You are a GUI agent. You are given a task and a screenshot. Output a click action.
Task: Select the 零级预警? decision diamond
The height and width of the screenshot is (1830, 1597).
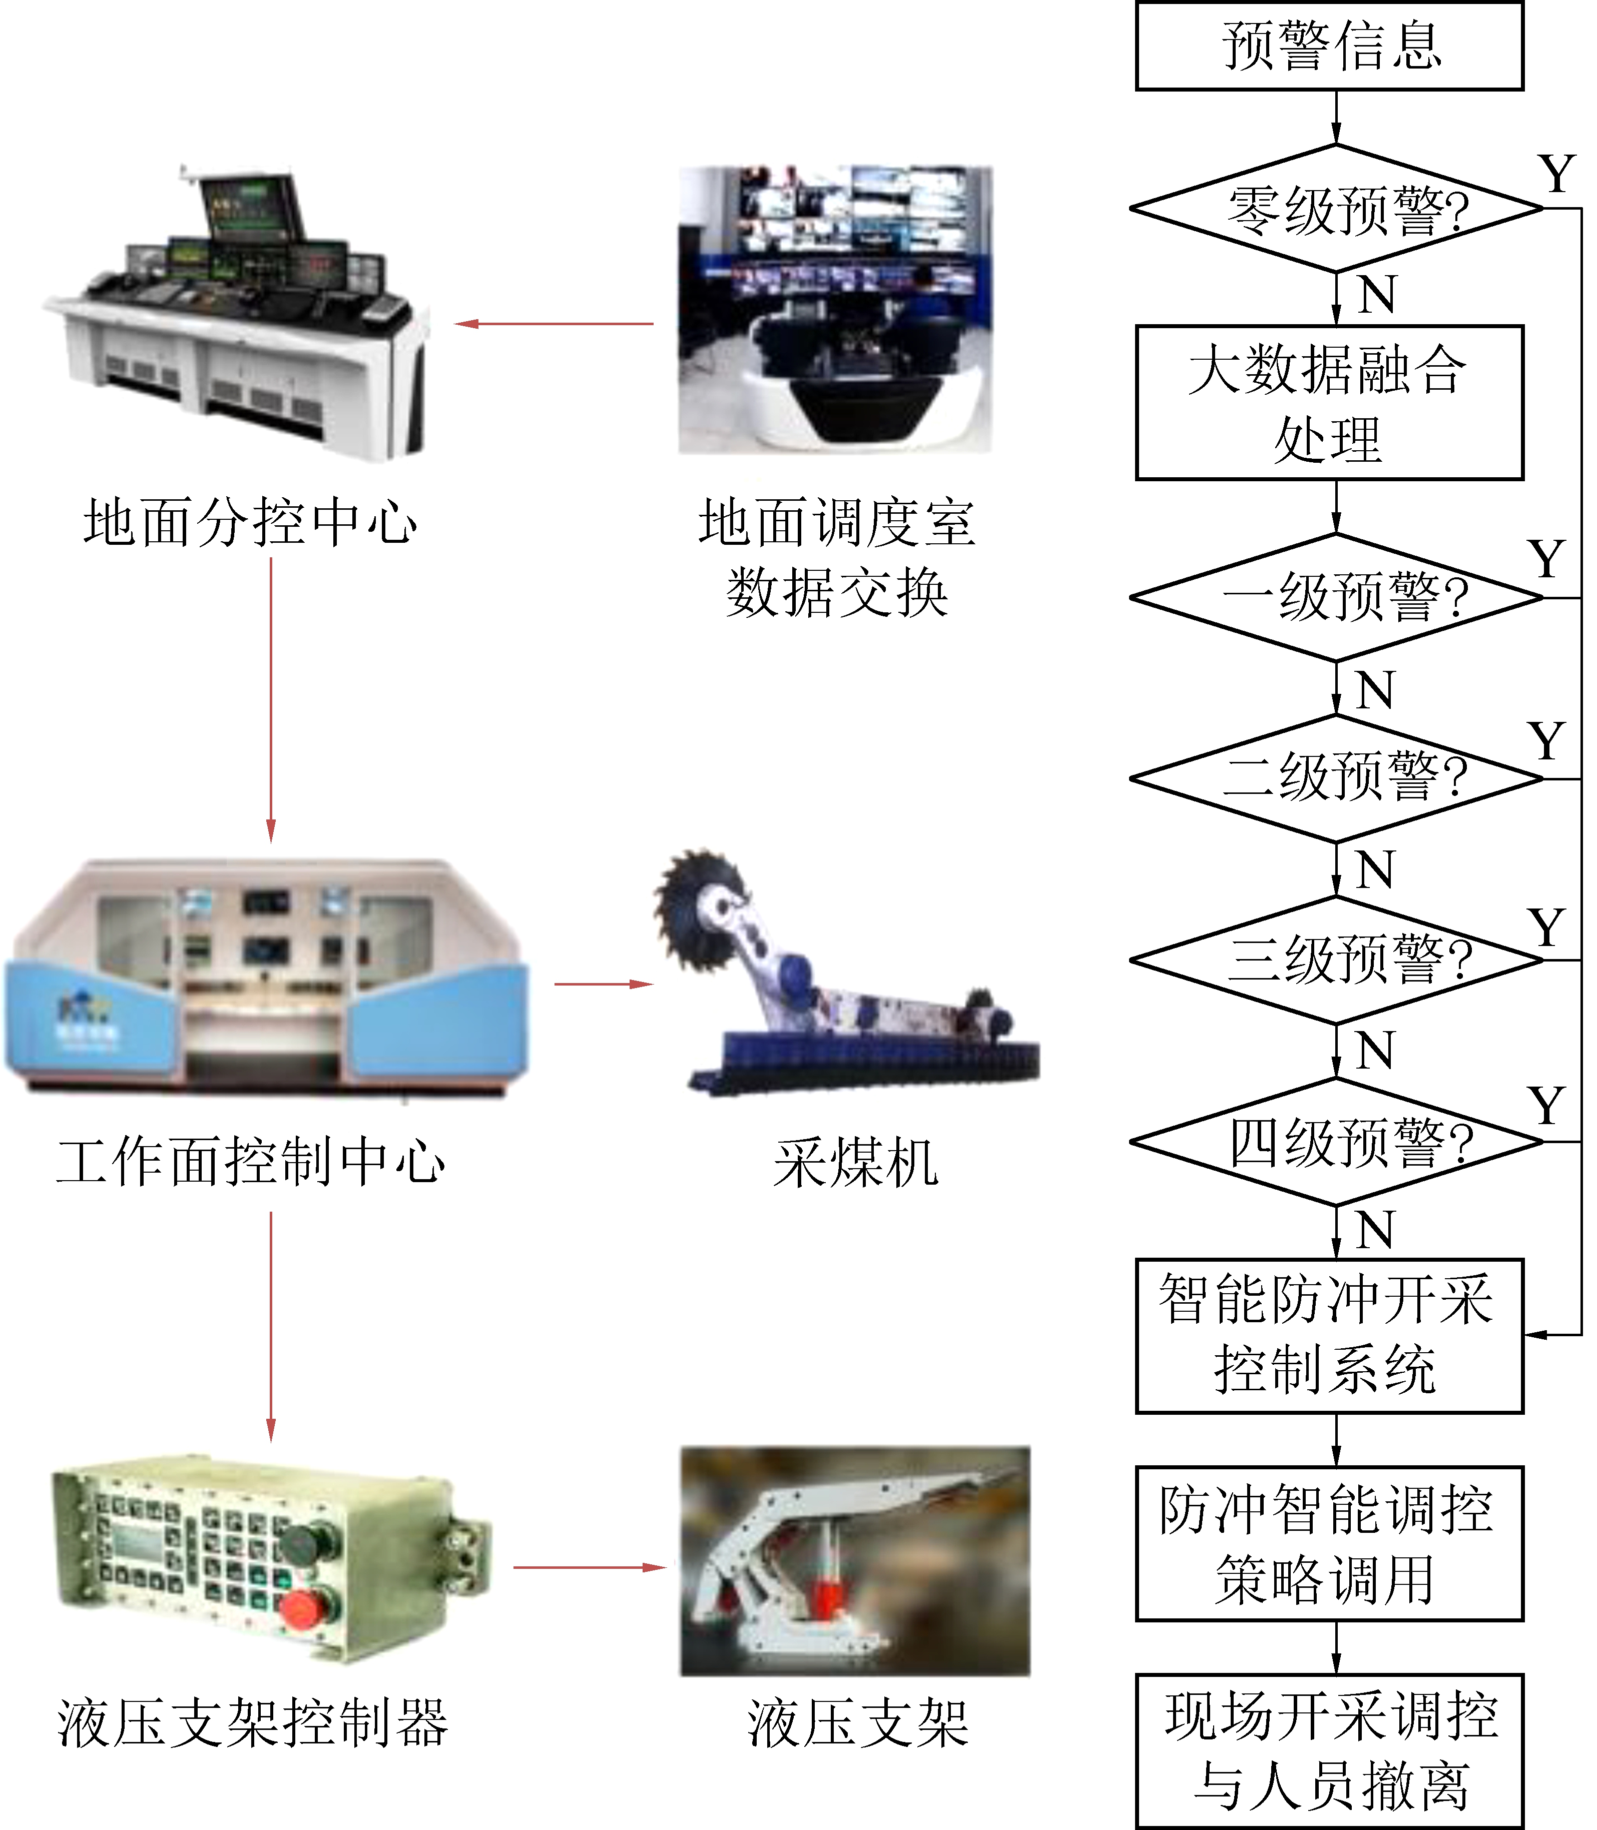pos(1335,209)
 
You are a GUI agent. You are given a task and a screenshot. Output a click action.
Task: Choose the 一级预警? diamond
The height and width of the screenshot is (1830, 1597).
pos(1335,597)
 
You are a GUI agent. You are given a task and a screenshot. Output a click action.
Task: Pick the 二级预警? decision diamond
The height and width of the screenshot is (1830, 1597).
pos(1335,778)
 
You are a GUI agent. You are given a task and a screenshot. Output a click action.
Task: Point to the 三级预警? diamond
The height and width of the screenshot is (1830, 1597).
pos(1335,960)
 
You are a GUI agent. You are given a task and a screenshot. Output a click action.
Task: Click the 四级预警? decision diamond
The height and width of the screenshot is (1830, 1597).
pos(1335,1141)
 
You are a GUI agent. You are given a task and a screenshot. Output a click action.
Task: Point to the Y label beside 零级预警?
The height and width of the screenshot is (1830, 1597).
pos(1556,174)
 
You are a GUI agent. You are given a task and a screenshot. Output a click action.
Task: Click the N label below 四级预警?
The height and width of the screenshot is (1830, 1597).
pos(1374,1230)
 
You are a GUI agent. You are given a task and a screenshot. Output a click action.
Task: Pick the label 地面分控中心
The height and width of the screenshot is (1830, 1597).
pos(250,522)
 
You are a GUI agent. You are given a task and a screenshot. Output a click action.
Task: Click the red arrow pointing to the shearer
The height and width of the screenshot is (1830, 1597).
pos(604,984)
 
